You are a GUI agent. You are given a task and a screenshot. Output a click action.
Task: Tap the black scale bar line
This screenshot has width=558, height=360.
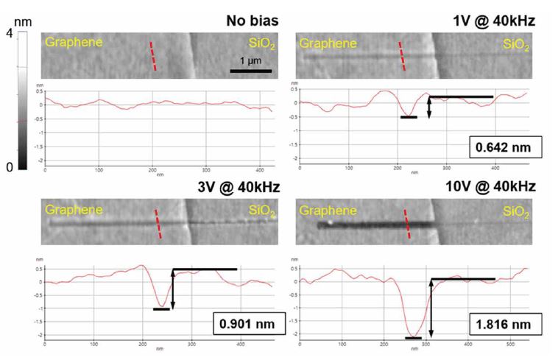[x=251, y=71]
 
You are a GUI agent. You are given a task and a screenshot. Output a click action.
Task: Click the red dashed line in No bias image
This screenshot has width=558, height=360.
[x=153, y=56]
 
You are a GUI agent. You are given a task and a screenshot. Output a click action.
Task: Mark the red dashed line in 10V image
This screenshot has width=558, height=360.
[x=408, y=226]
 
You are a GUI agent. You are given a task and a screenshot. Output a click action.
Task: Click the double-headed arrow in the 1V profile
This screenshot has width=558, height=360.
[x=429, y=106]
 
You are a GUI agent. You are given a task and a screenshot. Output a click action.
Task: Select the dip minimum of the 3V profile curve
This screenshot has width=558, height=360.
[x=161, y=306]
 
